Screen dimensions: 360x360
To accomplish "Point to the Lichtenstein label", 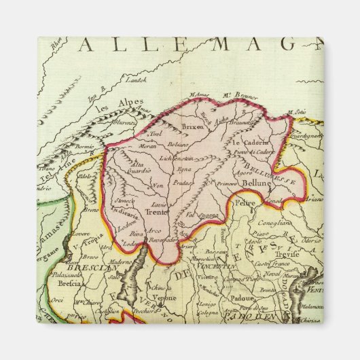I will pyautogui.click(x=177, y=158).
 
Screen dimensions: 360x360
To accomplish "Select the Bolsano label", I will pyautogui.click(x=180, y=145).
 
